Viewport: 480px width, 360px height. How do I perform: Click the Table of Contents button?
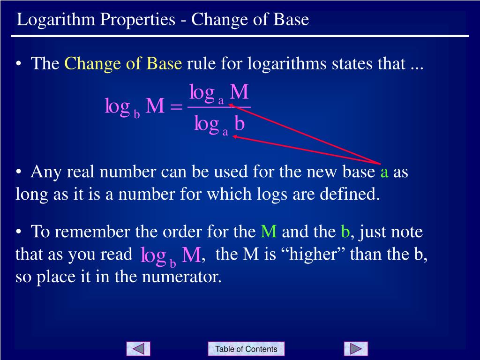[x=246, y=349]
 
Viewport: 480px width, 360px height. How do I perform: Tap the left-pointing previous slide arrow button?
[x=138, y=349]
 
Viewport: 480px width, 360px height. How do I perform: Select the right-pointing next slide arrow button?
[x=356, y=349]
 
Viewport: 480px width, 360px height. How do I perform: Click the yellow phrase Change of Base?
[x=123, y=63]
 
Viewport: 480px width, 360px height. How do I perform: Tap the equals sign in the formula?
[x=176, y=107]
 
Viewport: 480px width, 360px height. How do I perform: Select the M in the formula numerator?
[x=239, y=92]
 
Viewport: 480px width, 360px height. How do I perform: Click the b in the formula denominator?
[x=240, y=124]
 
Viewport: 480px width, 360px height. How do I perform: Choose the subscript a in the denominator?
[x=225, y=132]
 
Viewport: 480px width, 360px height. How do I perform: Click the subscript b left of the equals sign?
[x=136, y=114]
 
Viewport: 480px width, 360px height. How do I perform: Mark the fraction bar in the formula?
[x=219, y=107]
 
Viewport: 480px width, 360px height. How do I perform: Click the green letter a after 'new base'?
[x=384, y=172]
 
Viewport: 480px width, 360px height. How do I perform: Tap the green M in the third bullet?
[x=269, y=232]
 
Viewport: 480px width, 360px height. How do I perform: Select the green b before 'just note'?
[x=345, y=232]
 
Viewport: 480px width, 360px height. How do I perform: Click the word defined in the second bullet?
[x=355, y=194]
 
